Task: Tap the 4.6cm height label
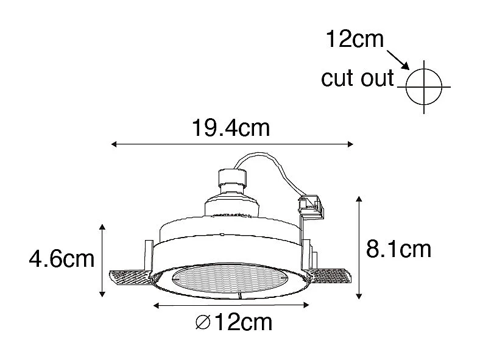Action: [x=62, y=259]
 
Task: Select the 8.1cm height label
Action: [x=398, y=249]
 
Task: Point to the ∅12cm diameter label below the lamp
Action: [x=235, y=322]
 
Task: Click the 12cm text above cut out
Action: [x=355, y=40]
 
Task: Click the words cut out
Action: [x=358, y=79]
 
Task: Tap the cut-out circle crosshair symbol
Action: [x=423, y=86]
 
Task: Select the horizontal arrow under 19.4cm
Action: [x=231, y=144]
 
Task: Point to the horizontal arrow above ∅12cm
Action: [x=232, y=305]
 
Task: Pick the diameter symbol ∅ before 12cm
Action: [x=203, y=323]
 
